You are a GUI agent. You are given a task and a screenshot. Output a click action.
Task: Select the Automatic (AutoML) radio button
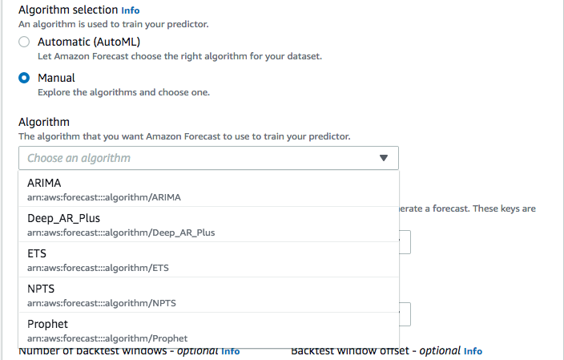[24, 42]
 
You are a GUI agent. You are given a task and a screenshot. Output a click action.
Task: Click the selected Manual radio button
[24, 78]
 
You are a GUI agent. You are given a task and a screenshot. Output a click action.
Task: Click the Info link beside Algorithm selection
[131, 10]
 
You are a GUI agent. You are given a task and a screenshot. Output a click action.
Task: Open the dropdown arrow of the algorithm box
[384, 158]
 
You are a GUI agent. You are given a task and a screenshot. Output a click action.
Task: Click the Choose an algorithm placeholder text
[79, 158]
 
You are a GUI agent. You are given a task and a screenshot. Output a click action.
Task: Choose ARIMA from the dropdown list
[44, 183]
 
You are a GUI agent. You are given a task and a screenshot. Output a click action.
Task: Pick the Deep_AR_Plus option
[63, 218]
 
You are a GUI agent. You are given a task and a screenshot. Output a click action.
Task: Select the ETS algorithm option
[37, 253]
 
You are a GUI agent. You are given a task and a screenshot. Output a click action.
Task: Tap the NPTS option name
[41, 289]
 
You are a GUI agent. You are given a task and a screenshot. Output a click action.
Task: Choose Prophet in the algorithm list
[47, 325]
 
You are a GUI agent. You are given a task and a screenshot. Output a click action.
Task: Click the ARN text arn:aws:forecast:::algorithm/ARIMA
[104, 197]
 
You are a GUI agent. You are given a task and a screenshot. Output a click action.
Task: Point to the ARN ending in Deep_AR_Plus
[121, 233]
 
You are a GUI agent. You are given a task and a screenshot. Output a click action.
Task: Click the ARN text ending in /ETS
[98, 268]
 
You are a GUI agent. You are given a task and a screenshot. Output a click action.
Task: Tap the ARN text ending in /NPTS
[102, 303]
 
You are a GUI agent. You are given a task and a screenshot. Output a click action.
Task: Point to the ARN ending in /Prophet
[107, 338]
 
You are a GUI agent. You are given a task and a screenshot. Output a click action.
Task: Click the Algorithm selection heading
[68, 10]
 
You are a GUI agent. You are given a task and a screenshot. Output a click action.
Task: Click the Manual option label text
[56, 78]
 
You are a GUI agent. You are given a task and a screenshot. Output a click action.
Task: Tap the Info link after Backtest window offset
[473, 351]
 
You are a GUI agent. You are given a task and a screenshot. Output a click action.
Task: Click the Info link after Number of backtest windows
[231, 351]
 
